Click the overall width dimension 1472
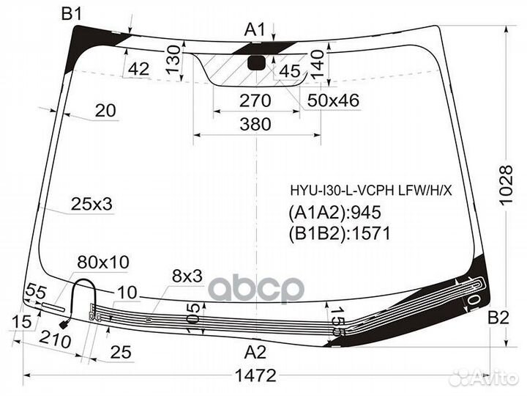[255, 375]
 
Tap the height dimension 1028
[506, 186]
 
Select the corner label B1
[72, 14]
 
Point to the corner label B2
[498, 318]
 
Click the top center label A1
[255, 29]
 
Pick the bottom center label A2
[255, 352]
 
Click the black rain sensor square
[256, 63]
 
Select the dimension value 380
[255, 124]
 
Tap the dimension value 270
[255, 100]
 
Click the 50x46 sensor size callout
[333, 100]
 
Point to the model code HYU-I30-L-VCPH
[343, 191]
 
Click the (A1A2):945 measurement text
[334, 213]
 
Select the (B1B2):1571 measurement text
[340, 233]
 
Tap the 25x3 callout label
[91, 204]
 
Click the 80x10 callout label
[103, 262]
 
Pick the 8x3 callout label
[187, 276]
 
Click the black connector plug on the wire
[64, 325]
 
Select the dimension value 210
[55, 340]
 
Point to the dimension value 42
[139, 69]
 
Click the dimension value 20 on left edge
[105, 110]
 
